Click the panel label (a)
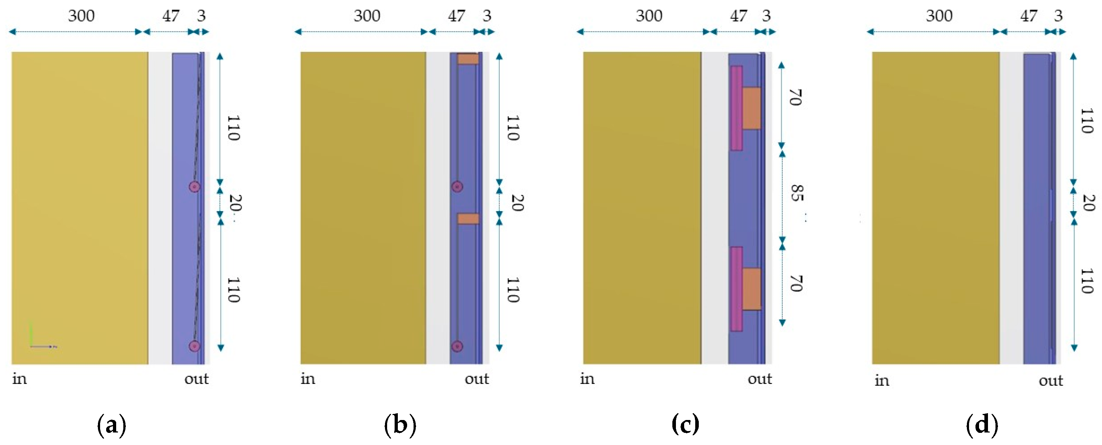coord(112,425)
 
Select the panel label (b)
coord(400,425)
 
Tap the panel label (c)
coord(685,425)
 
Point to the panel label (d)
coord(982,425)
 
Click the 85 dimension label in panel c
coord(796,193)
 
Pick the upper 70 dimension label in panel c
coord(795,97)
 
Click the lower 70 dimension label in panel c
coord(795,284)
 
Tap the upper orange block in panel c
coord(751,108)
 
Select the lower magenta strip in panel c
coord(736,289)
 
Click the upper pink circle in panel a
coord(195,187)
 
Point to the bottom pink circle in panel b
coord(457,346)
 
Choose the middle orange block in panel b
coord(468,219)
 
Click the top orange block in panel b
coord(468,59)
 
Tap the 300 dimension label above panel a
coord(81,16)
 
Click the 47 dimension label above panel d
coord(1028,16)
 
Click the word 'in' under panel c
coord(587,379)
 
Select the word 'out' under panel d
coord(1051,380)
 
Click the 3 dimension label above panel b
coord(487,16)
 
